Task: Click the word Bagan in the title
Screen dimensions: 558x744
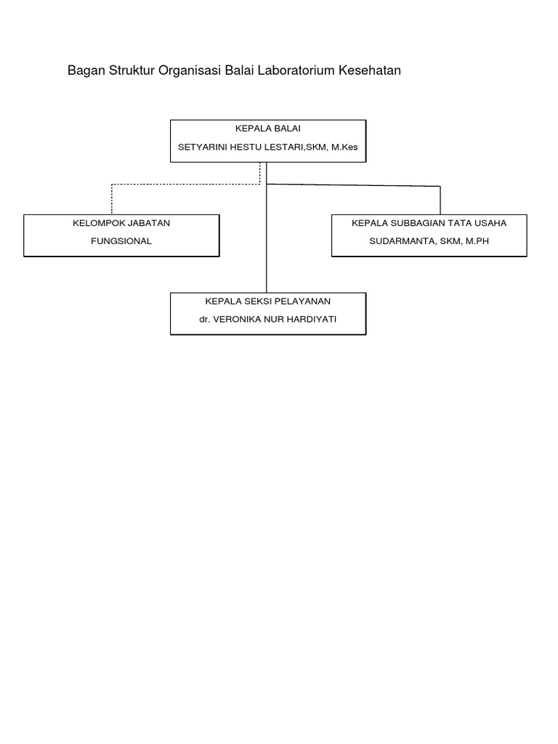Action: click(86, 70)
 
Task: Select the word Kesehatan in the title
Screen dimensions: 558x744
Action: click(370, 70)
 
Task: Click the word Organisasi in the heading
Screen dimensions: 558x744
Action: click(190, 70)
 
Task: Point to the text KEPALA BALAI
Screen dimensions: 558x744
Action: click(268, 129)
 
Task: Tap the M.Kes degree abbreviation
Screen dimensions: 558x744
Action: click(344, 147)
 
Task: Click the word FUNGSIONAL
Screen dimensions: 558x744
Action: click(121, 241)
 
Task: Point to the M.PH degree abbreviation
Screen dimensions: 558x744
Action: click(477, 241)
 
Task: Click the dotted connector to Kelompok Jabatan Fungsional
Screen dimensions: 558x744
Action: click(186, 184)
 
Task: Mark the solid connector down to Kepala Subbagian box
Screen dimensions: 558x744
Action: click(354, 185)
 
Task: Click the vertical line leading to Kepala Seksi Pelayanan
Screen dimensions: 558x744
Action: click(267, 227)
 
